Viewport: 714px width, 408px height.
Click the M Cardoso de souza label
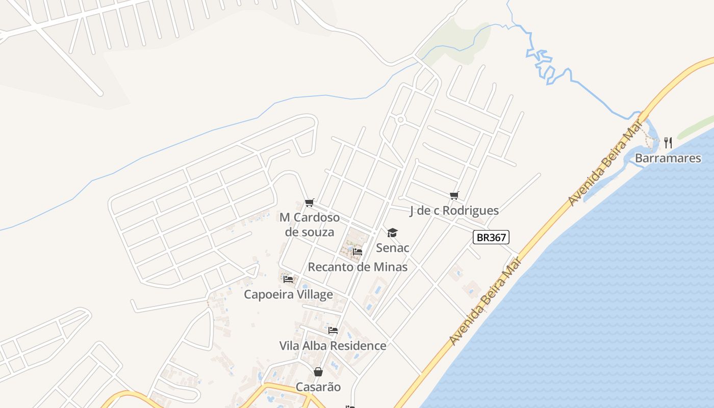[310, 225]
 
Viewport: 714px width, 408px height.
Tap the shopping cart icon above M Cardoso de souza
[309, 203]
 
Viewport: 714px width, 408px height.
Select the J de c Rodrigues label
[454, 211]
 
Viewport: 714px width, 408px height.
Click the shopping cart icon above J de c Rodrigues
[454, 195]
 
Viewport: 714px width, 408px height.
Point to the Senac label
[393, 248]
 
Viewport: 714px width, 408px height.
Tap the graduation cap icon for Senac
[392, 233]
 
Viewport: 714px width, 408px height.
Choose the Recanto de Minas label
[358, 267]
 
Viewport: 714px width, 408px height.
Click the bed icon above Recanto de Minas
[358, 252]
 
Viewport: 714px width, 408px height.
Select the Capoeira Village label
[288, 294]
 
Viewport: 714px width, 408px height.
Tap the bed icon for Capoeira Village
[288, 279]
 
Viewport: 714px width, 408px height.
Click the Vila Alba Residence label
[333, 346]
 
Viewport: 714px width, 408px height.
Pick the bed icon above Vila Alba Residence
[333, 331]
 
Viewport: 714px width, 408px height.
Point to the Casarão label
[318, 387]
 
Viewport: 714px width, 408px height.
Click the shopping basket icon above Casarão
[318, 372]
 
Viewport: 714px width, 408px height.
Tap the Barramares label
[668, 158]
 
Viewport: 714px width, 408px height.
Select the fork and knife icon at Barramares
[668, 143]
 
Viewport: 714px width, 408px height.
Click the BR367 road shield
[491, 237]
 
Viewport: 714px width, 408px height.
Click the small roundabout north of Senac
[400, 120]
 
